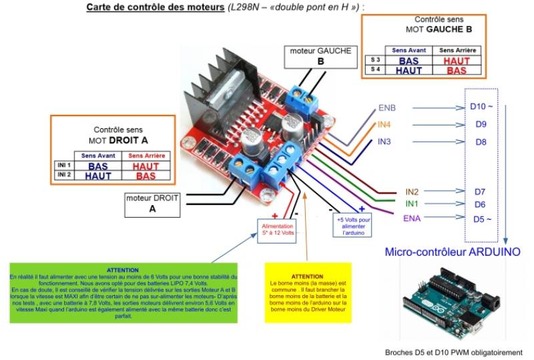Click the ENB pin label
pos(387,108)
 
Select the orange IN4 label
pos(384,124)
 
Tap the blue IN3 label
pos(384,142)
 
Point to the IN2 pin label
pos(413,192)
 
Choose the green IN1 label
pos(413,204)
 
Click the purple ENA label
pos(412,218)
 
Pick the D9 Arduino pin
pos(481,124)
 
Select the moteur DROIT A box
pos(152,204)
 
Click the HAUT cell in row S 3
pos(457,61)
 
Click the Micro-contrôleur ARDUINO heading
pos(453,252)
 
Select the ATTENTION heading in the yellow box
pos(307,276)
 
